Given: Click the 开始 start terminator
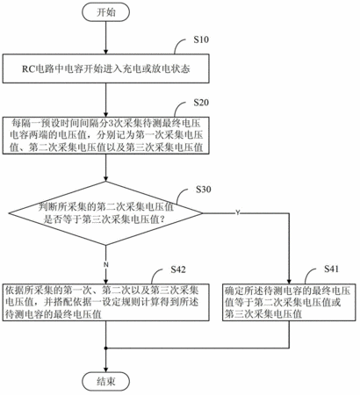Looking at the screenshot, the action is (x=105, y=12).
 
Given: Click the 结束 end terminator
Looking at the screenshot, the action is (x=105, y=382).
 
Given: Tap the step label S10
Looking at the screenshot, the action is (x=201, y=39).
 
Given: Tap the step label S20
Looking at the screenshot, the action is (x=201, y=103).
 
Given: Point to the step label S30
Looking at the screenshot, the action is (x=204, y=190).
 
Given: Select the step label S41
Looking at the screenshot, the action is (x=331, y=269).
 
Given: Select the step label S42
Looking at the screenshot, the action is (x=178, y=269).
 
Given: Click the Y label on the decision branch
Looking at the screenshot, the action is (x=238, y=213).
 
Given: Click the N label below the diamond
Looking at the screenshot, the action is (x=106, y=264).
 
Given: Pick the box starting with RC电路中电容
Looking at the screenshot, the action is (x=106, y=68).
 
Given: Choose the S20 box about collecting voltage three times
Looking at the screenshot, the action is (x=106, y=135).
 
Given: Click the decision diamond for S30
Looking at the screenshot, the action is (x=105, y=213).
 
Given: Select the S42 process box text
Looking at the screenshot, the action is (x=102, y=302).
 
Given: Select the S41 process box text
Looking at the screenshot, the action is (x=287, y=302).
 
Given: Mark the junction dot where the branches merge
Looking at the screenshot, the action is (x=106, y=348).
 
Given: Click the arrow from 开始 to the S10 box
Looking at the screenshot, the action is (x=106, y=38).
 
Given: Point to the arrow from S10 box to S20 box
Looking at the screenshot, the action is (x=106, y=100).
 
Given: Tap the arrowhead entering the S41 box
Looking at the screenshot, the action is (x=290, y=281).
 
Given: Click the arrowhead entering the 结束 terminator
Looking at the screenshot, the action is (x=106, y=369).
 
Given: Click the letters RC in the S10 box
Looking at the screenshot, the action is (x=28, y=69).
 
